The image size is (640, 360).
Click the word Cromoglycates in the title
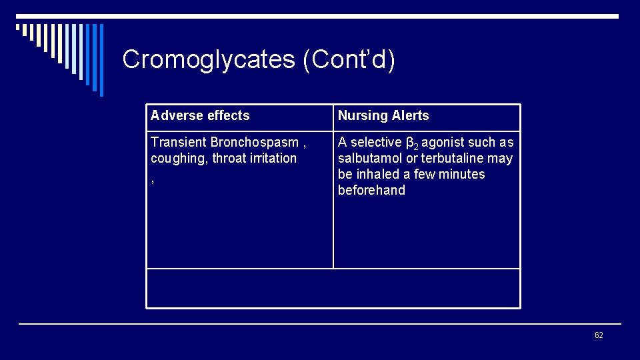point(209,60)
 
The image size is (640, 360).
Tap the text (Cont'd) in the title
point(349,60)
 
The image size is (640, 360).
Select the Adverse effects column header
point(200,115)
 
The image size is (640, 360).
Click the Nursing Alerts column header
point(383,115)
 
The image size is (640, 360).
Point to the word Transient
point(179,142)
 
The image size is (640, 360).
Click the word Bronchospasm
point(255,142)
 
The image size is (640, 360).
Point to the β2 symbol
point(412,143)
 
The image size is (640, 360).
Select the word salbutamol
point(370,158)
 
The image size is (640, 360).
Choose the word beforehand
point(371,190)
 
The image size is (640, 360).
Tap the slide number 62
point(598,335)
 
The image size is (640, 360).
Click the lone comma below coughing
point(153,181)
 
